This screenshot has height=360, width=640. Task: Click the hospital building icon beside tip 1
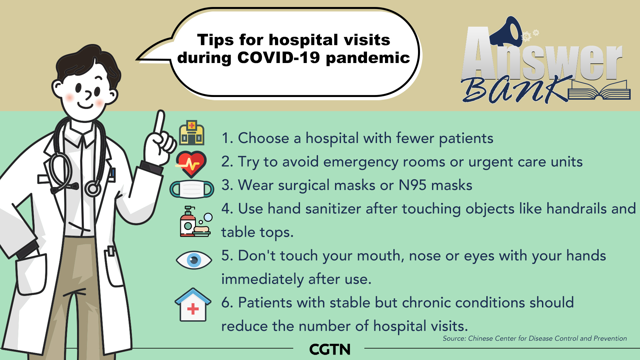192,133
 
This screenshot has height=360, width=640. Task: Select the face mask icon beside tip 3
192,189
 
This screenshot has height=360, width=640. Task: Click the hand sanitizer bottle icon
188,221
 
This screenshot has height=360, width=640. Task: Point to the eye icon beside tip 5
194,260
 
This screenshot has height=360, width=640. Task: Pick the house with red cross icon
193,305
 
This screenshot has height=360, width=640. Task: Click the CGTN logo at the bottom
330,349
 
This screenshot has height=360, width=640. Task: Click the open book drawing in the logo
599,91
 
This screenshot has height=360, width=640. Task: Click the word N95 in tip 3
412,185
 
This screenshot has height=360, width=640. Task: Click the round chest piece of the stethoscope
93,189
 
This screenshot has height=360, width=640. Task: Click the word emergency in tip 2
361,162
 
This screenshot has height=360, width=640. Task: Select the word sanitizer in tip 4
333,209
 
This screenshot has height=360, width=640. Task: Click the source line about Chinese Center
535,338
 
